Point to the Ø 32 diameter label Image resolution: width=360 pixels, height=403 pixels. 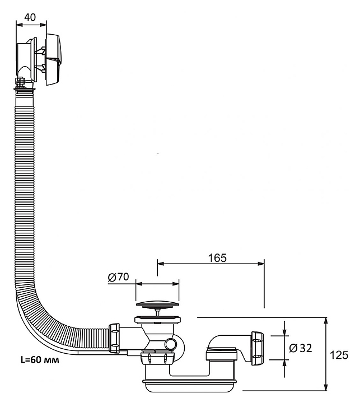(301, 348)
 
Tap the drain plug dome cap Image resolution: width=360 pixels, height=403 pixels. (157, 305)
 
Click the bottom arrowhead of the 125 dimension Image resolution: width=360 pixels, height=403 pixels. (326, 387)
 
